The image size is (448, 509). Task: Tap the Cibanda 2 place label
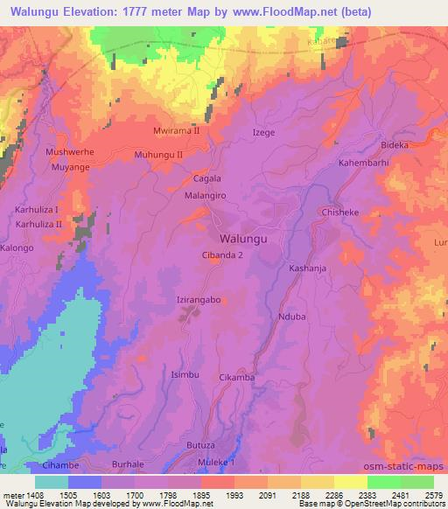223,255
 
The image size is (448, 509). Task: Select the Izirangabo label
198,299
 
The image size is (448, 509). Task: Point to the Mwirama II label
176,130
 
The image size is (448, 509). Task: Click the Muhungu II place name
158,154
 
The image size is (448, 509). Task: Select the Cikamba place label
236,377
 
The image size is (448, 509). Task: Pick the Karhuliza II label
39,224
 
